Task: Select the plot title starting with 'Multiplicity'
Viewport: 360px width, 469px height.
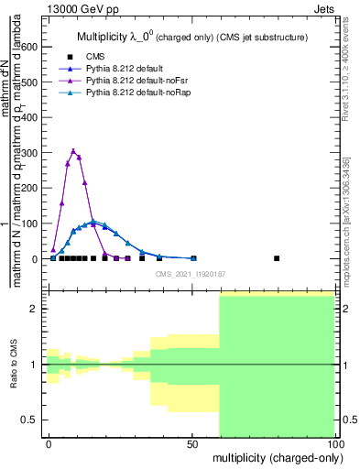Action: coord(191,37)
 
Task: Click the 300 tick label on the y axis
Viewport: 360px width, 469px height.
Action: coord(29,153)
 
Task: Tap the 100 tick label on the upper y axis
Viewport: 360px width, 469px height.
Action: coord(29,224)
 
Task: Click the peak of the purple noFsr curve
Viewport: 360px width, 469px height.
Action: coord(73,151)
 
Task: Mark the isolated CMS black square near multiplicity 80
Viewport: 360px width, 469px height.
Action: coord(277,258)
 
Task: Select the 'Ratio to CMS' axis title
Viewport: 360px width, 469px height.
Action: coord(14,365)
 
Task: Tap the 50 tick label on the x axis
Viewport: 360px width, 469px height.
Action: coord(192,443)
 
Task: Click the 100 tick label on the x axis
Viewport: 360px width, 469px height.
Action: coord(334,443)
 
